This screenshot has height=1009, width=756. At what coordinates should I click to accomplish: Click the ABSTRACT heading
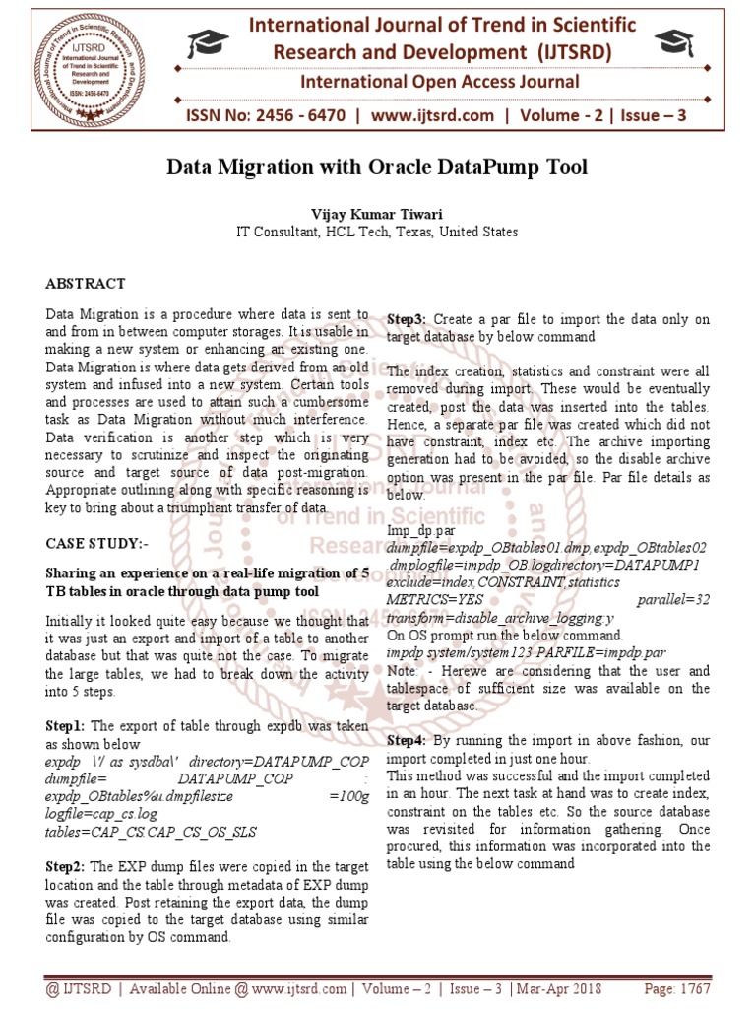point(86,284)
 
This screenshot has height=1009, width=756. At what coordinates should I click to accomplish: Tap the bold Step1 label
point(65,725)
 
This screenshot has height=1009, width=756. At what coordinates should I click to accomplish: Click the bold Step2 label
point(65,867)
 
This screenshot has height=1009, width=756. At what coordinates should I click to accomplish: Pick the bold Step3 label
point(406,320)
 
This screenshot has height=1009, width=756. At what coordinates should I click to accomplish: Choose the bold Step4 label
point(406,740)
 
